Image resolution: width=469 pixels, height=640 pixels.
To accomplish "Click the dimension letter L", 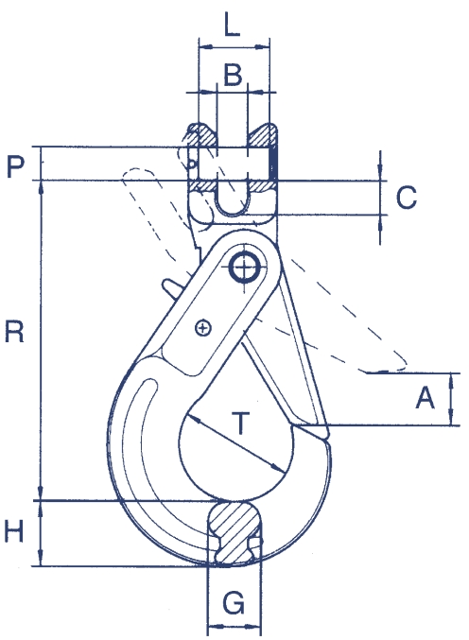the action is pos(233,24).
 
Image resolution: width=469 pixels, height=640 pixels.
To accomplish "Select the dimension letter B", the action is pos(233,75).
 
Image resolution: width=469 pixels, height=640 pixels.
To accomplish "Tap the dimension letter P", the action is pos(15,166).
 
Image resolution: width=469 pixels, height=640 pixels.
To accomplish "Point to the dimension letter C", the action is pos(407,198).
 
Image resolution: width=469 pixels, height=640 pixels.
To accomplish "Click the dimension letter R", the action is pos(14,332).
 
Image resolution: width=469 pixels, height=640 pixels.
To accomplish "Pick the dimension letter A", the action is pos(425,398).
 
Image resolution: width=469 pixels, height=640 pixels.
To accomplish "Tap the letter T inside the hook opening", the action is pos(241,423).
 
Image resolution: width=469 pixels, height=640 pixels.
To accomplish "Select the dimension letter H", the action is pos(14,531).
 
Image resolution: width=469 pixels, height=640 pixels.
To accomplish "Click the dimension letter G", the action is pos(234,603).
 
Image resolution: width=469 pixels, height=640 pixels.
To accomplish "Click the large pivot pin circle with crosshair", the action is pos(244,268).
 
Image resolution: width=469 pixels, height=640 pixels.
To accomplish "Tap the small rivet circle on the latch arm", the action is pos(203,328).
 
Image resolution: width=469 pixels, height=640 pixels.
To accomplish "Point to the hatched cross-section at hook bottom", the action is pos(234,532).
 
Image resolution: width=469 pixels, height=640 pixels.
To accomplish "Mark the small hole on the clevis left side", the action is pos(191,164).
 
